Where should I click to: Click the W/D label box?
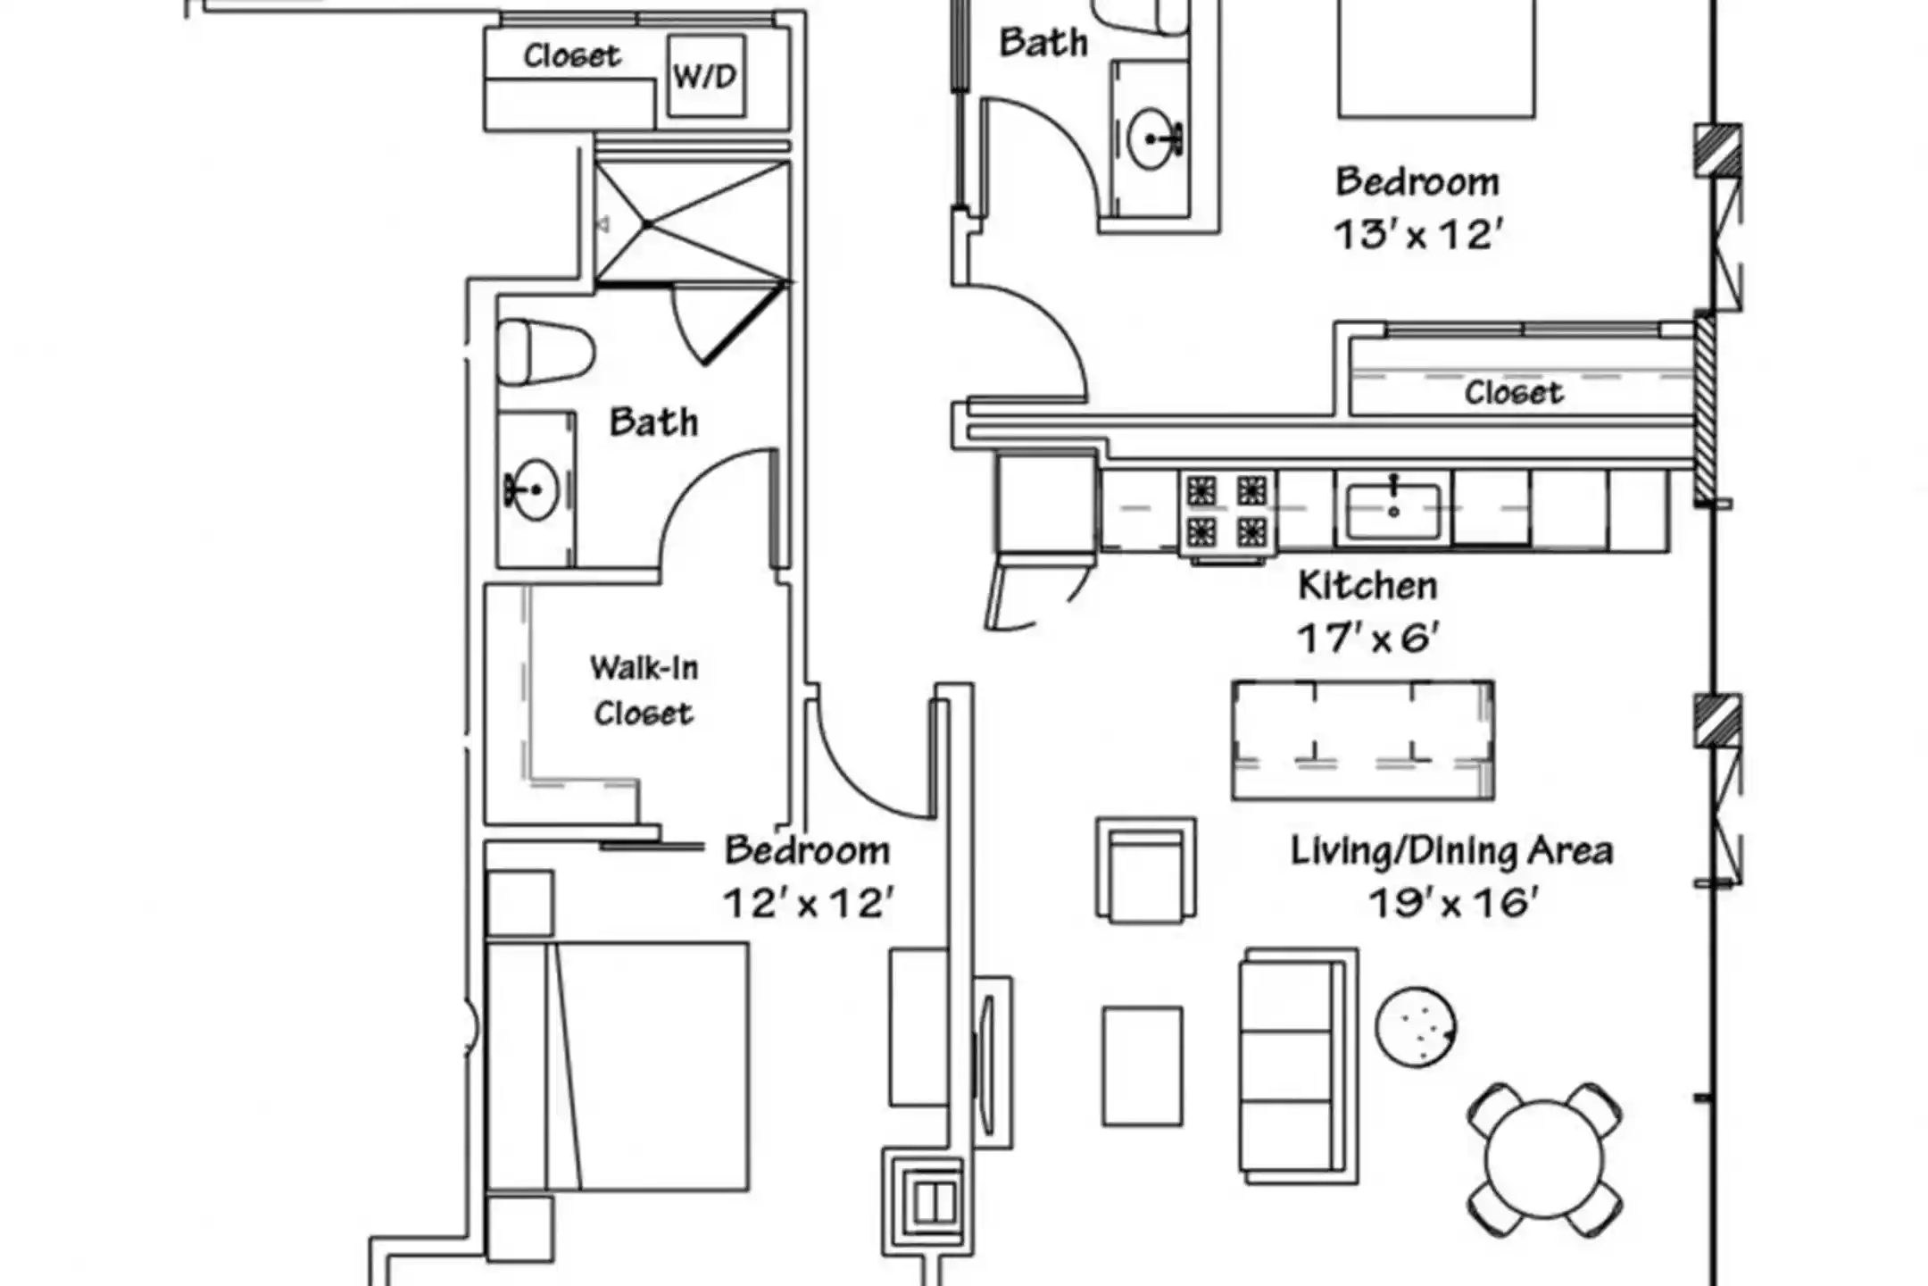(x=706, y=76)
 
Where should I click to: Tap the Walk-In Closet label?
(x=644, y=690)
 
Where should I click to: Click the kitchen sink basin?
(x=1393, y=511)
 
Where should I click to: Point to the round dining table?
(x=1544, y=1159)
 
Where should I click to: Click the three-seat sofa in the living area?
(x=1299, y=1066)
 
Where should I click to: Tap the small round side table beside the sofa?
(x=1416, y=1027)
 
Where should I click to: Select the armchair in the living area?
(x=1146, y=869)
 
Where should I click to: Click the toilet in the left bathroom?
(x=545, y=352)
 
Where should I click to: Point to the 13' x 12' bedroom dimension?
(x=1418, y=235)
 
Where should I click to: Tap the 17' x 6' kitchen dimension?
(x=1368, y=639)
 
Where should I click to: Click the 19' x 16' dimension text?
(x=1453, y=903)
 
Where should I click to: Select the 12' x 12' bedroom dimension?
(x=808, y=903)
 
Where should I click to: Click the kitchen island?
(x=1363, y=740)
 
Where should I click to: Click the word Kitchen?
(x=1367, y=586)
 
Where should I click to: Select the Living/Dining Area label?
(x=1452, y=851)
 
